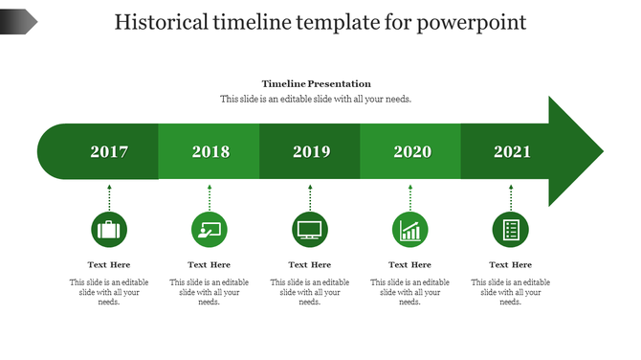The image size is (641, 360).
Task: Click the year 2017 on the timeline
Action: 109,151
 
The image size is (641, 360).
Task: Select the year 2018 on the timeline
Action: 210,151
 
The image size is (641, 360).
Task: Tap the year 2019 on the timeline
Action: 311,151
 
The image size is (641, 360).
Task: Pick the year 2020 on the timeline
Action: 412,151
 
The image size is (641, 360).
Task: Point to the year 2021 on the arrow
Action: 513,151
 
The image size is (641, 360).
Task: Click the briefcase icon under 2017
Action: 109,230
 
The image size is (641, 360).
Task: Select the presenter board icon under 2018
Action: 210,230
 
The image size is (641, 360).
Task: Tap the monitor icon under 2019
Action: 310,230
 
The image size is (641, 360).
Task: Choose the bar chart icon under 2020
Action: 410,230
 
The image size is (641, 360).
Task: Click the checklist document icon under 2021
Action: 511,230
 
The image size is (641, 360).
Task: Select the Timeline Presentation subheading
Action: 317,84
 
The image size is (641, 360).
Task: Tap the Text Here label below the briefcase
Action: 109,264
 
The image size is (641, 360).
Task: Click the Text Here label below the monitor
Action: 310,264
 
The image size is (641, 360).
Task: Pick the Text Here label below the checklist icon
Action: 511,264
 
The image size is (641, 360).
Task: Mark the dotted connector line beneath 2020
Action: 410,198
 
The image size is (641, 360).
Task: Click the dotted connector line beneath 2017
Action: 109,198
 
